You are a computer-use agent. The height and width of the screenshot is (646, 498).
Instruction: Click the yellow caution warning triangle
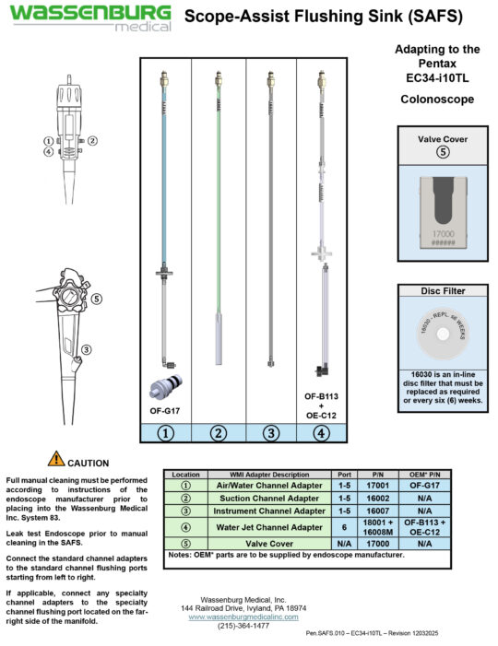pyautogui.click(x=57, y=458)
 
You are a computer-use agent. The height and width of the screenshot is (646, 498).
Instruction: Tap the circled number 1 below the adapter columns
pyautogui.click(x=166, y=431)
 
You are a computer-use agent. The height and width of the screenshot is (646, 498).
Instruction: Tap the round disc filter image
pyautogui.click(x=442, y=335)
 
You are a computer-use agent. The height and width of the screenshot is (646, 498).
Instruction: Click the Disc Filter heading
pyautogui.click(x=442, y=290)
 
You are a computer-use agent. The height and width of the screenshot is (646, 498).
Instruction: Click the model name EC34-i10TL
pyautogui.click(x=439, y=78)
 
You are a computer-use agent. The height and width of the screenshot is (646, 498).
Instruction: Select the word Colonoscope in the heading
pyautogui.click(x=439, y=99)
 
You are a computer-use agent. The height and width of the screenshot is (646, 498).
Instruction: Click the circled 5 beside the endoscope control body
pyautogui.click(x=97, y=299)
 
